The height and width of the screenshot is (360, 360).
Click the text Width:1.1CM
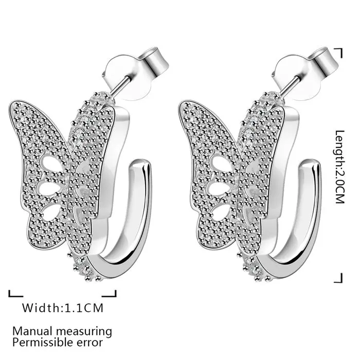pyautogui.click(x=62, y=308)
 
